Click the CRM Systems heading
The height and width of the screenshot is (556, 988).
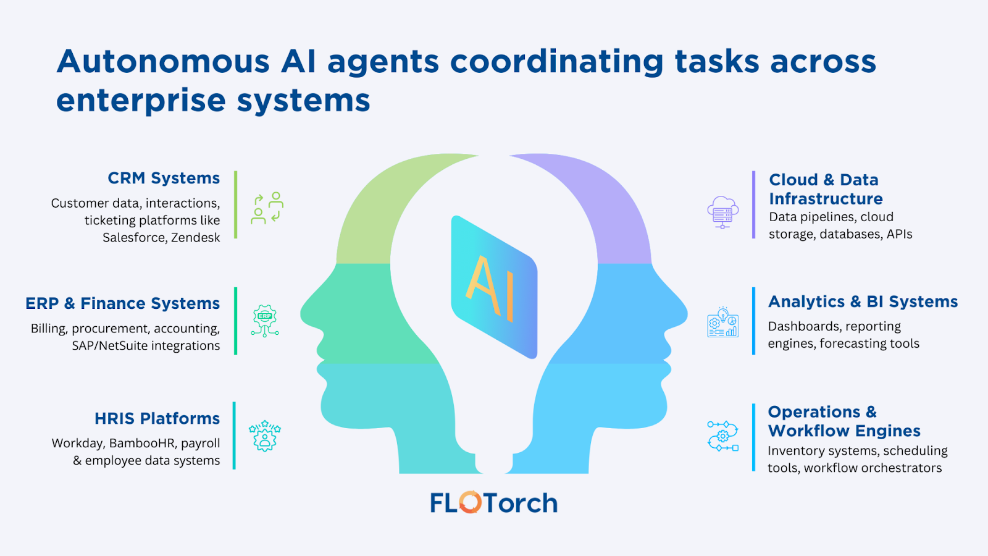[x=164, y=179]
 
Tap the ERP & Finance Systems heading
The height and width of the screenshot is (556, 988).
[x=122, y=303]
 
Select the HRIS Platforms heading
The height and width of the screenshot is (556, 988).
[x=157, y=419]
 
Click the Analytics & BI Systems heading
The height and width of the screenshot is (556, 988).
[x=863, y=301]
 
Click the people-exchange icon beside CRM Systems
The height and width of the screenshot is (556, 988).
[x=267, y=208]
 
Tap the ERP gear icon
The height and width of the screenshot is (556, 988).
[x=265, y=320]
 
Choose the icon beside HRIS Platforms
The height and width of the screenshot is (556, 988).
[x=265, y=436]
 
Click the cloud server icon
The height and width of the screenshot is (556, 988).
[x=722, y=212]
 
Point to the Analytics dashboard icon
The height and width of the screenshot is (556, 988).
[x=722, y=322]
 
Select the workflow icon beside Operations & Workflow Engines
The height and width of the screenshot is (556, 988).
[x=722, y=436]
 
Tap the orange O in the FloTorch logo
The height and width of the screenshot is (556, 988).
[x=470, y=502]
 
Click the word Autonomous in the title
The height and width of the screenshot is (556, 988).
[x=163, y=62]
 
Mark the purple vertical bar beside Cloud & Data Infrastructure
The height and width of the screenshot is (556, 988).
[x=753, y=204]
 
